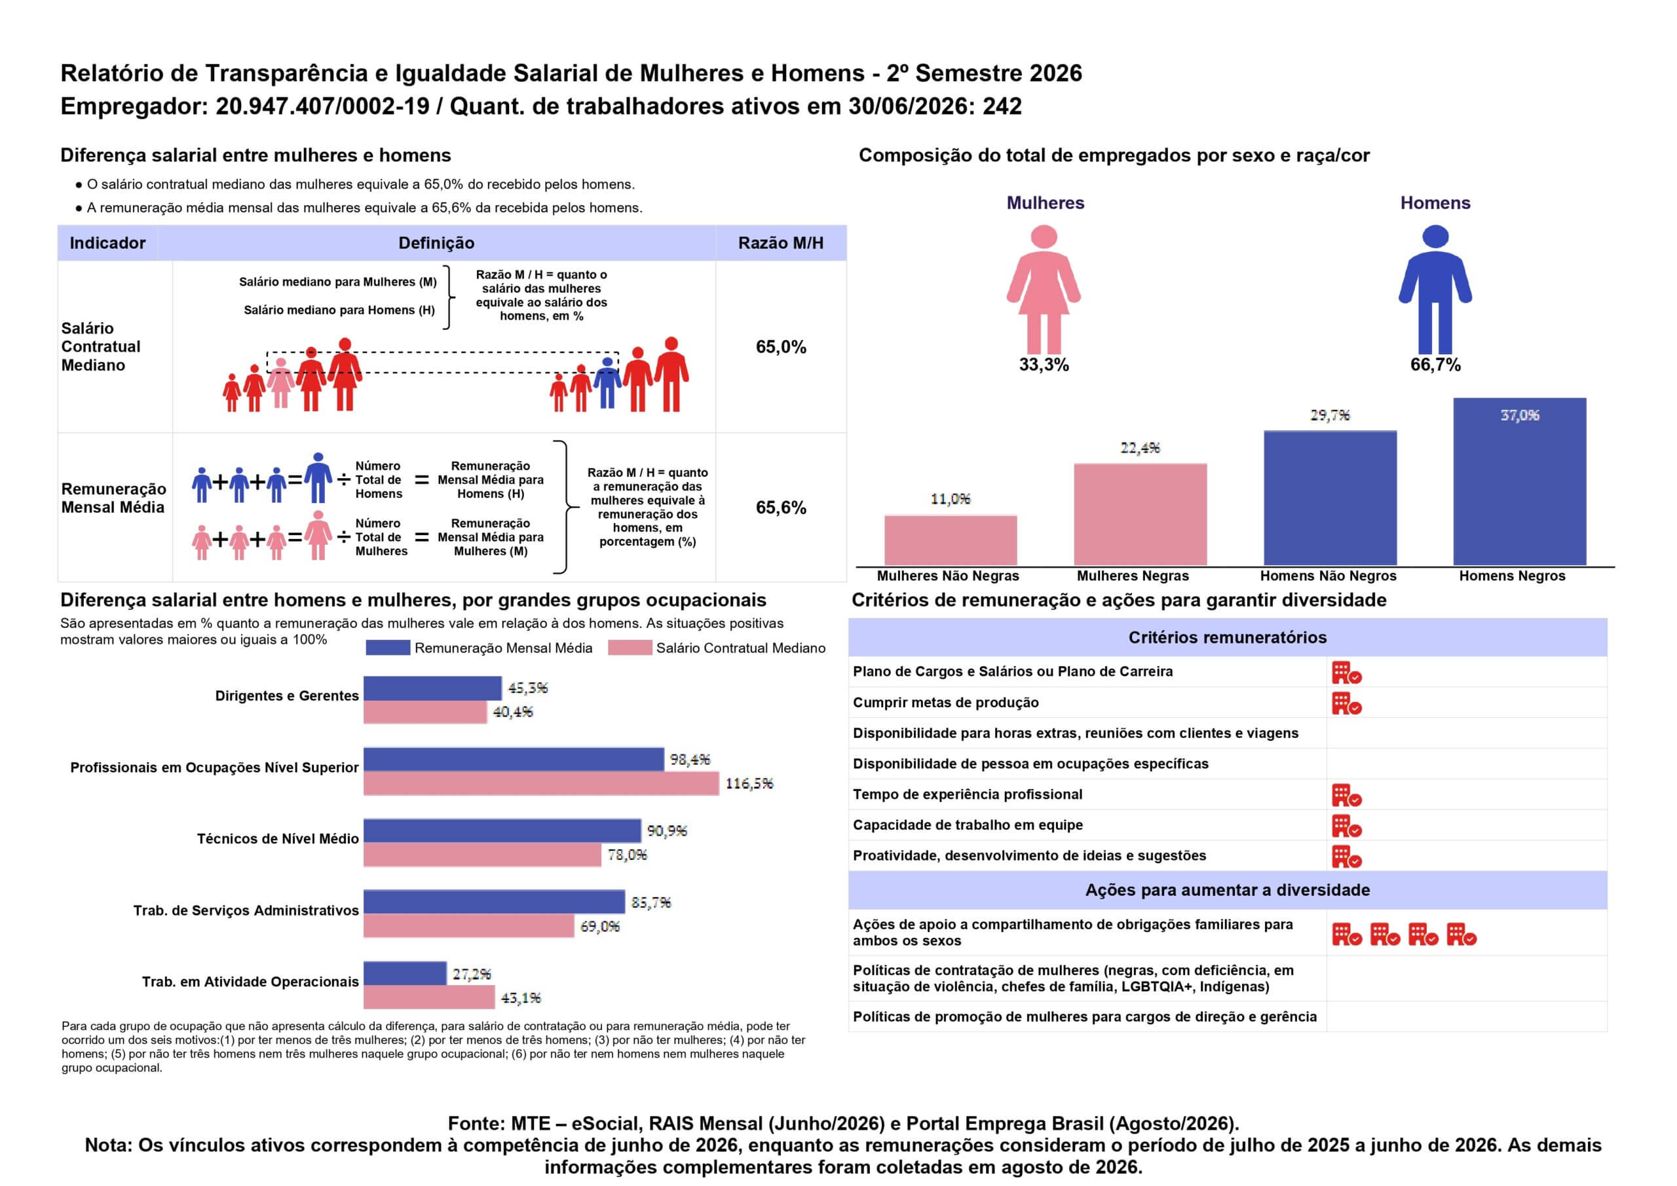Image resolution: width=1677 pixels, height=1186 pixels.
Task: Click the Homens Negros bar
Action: (1519, 481)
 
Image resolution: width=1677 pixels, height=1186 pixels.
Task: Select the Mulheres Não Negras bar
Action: (951, 540)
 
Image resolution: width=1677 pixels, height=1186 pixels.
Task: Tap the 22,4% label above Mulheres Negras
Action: (1140, 448)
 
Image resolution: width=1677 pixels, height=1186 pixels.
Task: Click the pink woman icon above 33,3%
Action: (1044, 289)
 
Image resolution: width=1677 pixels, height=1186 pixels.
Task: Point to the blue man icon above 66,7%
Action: (1435, 289)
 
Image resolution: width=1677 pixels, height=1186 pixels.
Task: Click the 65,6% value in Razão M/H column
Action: (781, 508)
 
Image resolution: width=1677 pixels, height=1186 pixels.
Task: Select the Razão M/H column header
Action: (781, 243)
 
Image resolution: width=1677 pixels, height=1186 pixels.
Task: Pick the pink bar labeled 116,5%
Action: (541, 784)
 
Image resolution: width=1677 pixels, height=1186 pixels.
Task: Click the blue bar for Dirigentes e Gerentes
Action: (432, 688)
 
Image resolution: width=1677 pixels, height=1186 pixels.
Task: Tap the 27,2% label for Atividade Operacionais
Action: (472, 974)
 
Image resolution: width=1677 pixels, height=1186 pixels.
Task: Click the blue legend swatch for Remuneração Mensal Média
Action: (388, 648)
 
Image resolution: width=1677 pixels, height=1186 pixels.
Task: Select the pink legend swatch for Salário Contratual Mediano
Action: (630, 648)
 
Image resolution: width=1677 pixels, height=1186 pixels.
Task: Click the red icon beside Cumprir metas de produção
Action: (1347, 703)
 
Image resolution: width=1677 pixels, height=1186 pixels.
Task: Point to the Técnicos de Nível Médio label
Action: (278, 838)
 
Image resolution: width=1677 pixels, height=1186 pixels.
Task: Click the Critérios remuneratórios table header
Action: (1227, 638)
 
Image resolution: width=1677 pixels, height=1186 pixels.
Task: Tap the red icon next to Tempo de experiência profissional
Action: (1347, 795)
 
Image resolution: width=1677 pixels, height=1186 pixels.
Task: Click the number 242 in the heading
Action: (1002, 107)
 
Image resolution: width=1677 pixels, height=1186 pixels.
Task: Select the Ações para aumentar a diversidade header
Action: (1227, 890)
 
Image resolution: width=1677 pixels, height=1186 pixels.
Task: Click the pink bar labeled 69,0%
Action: (469, 926)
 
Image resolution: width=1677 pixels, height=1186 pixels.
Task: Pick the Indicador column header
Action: (107, 243)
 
